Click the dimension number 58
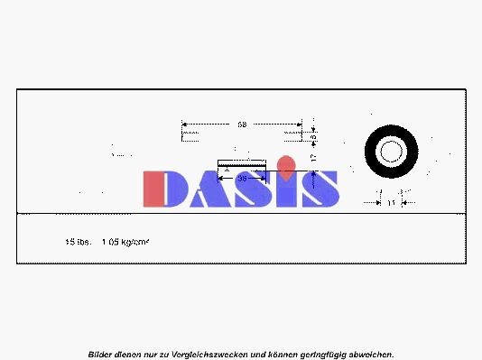click(x=242, y=124)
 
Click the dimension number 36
click(x=242, y=179)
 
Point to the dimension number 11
click(x=392, y=204)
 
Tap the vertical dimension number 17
click(x=312, y=157)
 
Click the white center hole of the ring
click(x=390, y=151)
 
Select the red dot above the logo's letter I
click(x=286, y=165)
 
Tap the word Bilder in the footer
click(x=100, y=355)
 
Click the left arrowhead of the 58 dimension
click(x=184, y=124)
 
